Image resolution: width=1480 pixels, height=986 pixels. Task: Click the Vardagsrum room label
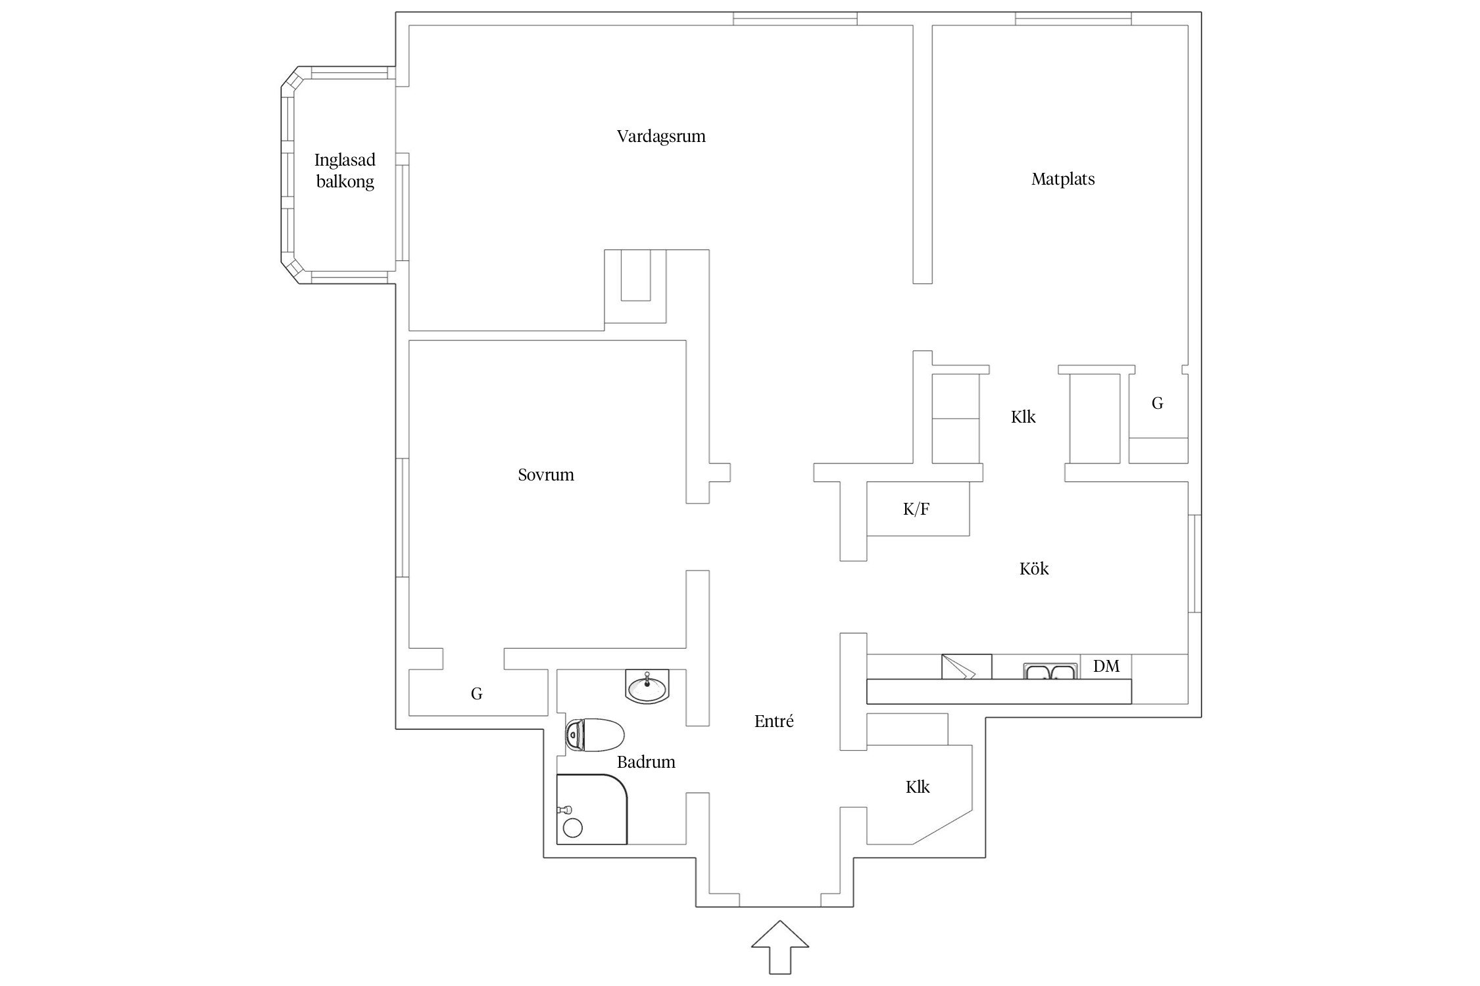pos(661,137)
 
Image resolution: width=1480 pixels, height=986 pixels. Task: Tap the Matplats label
pos(1063,179)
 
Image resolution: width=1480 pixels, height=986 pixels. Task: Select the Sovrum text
pos(546,475)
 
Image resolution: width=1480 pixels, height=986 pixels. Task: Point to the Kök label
pos(1034,569)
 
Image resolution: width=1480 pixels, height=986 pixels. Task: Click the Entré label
pos(774,721)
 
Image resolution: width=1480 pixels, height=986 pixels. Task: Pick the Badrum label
pos(646,762)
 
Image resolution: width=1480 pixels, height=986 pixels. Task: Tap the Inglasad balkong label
pos(345,170)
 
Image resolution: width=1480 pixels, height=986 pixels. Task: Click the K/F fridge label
pos(916,509)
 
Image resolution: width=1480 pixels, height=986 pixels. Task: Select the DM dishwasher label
pos(1106,667)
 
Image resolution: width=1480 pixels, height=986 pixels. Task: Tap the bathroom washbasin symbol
pos(647,687)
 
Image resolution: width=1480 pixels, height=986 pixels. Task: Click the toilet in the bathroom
pos(595,734)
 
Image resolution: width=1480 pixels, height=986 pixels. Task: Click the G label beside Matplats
pos(1158,403)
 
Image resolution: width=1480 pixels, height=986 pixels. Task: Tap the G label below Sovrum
pos(477,693)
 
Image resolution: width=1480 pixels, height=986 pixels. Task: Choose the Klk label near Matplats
pos(1024,417)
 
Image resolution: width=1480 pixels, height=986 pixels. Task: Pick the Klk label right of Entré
pos(918,787)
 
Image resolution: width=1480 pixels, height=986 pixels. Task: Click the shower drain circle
pos(573,828)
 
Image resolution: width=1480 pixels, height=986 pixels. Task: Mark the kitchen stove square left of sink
pos(966,667)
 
